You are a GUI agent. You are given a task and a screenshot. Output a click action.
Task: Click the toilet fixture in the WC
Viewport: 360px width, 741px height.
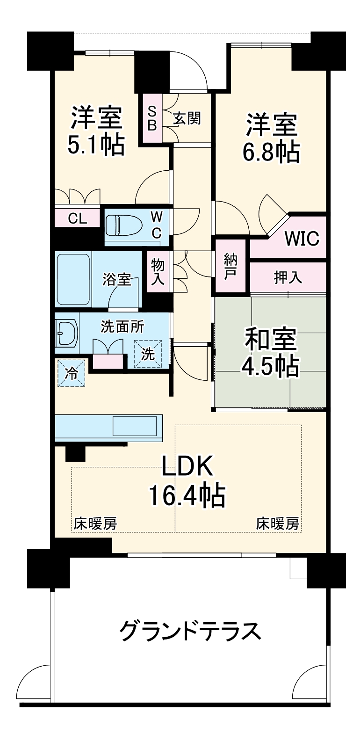coord(123,226)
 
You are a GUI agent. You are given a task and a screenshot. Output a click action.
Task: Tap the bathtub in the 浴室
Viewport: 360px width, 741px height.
coord(73,280)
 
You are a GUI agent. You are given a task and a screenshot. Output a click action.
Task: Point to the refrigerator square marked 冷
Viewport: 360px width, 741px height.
coord(72,373)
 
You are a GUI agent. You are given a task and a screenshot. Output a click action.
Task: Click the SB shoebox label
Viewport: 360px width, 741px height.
coord(152,118)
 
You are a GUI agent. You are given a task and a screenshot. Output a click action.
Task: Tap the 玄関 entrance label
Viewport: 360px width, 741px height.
coord(187,118)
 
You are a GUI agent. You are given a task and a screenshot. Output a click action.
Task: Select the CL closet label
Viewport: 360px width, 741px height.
coord(77,218)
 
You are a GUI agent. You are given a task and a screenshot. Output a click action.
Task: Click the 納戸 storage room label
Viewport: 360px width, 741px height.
coord(230,267)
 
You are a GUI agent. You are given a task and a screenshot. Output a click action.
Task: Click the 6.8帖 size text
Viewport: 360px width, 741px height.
coord(271,152)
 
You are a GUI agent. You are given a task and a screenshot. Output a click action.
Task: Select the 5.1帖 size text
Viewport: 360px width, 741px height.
coord(96,145)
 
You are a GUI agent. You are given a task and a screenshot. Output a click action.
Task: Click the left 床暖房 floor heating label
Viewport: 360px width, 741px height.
coord(95,523)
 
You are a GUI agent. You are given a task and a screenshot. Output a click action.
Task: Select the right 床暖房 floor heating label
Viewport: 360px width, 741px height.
coord(278,523)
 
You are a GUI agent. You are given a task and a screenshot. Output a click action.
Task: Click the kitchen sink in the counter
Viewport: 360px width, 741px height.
coord(135,427)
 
